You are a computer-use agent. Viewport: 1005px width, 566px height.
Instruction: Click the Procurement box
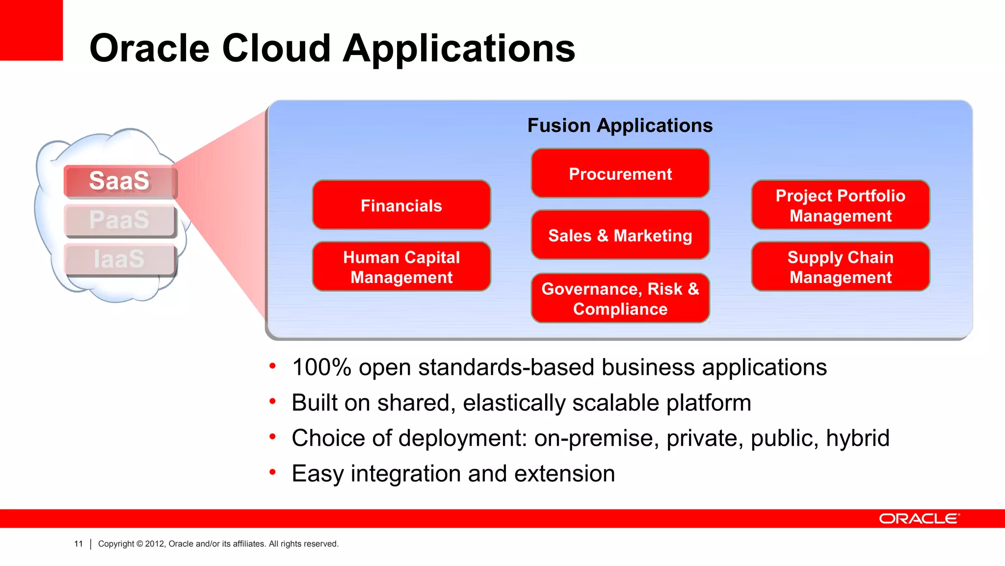[620, 173]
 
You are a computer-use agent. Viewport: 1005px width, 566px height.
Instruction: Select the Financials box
[401, 205]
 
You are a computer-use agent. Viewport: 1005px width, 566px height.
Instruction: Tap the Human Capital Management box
[401, 267]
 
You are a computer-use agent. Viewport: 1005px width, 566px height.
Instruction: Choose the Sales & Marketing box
[620, 235]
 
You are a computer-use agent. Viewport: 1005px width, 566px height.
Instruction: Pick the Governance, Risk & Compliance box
[620, 298]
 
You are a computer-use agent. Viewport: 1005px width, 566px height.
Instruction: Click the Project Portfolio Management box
[840, 205]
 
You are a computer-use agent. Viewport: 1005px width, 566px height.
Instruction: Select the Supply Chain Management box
[840, 267]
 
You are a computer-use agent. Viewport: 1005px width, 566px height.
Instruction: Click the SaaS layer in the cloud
[120, 181]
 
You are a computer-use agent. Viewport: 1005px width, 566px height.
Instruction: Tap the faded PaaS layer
[120, 220]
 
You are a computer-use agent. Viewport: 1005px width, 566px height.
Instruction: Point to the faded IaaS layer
[120, 259]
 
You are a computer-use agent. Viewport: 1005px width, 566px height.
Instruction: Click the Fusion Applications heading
[620, 125]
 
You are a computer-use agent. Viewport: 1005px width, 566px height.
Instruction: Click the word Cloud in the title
[276, 48]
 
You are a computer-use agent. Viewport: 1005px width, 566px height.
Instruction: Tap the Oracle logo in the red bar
[919, 519]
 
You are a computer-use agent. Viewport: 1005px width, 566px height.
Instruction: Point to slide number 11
[79, 544]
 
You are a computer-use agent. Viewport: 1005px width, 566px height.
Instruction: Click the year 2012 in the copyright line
[155, 544]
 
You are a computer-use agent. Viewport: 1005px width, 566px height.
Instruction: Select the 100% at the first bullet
[321, 368]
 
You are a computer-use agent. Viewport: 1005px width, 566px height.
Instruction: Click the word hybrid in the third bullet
[857, 438]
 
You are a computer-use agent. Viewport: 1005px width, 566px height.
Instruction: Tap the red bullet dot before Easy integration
[272, 472]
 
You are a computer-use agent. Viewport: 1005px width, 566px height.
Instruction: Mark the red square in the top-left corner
[30, 29]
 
